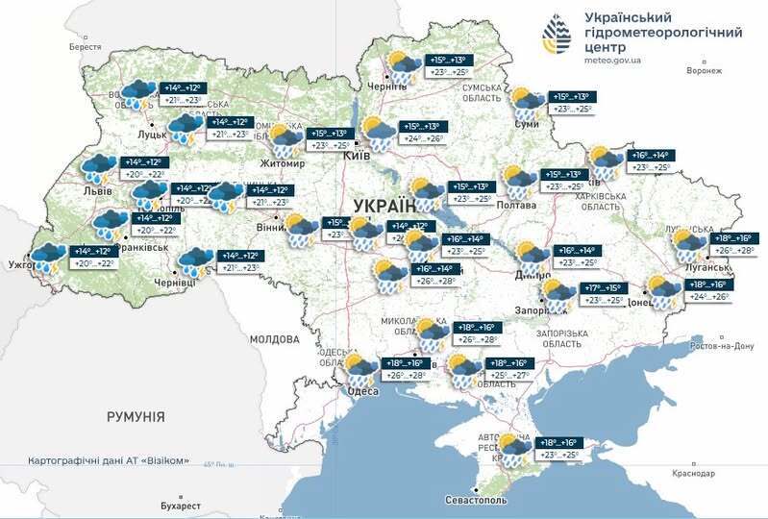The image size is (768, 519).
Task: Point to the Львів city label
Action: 98,190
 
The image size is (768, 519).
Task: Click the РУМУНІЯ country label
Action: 136,417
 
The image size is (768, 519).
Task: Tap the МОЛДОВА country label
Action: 275,339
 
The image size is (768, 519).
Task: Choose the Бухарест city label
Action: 181,506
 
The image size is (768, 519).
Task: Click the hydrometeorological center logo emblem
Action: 557,36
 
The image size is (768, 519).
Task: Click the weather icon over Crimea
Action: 514,450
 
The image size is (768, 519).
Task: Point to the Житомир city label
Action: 280,163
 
